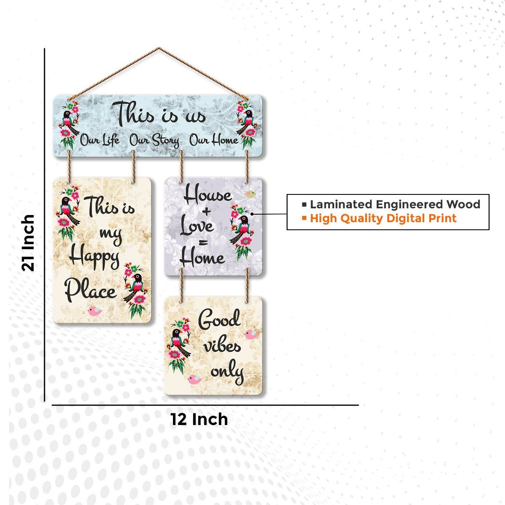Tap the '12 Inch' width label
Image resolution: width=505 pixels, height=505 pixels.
point(199,419)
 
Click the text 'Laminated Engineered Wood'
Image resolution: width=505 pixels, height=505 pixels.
point(395,205)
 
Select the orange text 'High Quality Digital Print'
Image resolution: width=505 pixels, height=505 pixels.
point(383,218)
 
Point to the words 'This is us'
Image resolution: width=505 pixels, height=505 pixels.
point(161,114)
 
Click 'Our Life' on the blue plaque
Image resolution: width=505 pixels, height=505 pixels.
point(100,140)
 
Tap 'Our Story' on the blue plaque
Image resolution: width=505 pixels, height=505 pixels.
point(154,140)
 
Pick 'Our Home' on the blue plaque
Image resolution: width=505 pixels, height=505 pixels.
point(214,140)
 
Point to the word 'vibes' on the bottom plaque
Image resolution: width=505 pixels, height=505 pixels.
point(222,346)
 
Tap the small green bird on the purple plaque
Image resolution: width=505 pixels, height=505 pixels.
point(250,194)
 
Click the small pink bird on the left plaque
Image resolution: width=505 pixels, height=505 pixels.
point(94,311)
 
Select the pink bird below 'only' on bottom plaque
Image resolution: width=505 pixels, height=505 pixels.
point(194,380)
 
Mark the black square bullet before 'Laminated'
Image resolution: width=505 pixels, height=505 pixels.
point(304,205)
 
